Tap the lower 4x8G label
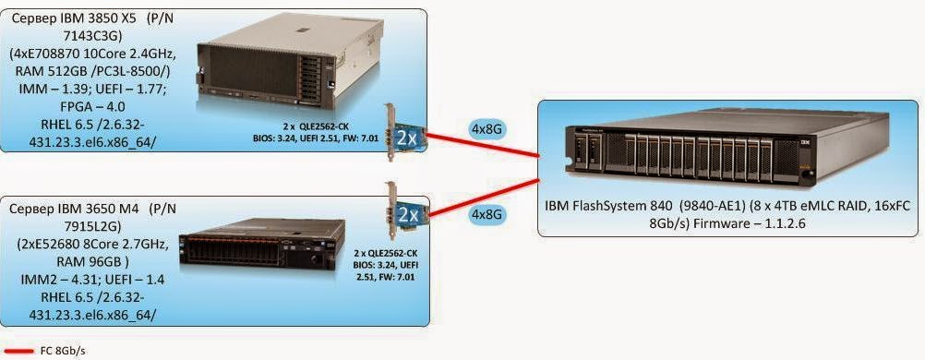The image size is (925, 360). click(x=487, y=214)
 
